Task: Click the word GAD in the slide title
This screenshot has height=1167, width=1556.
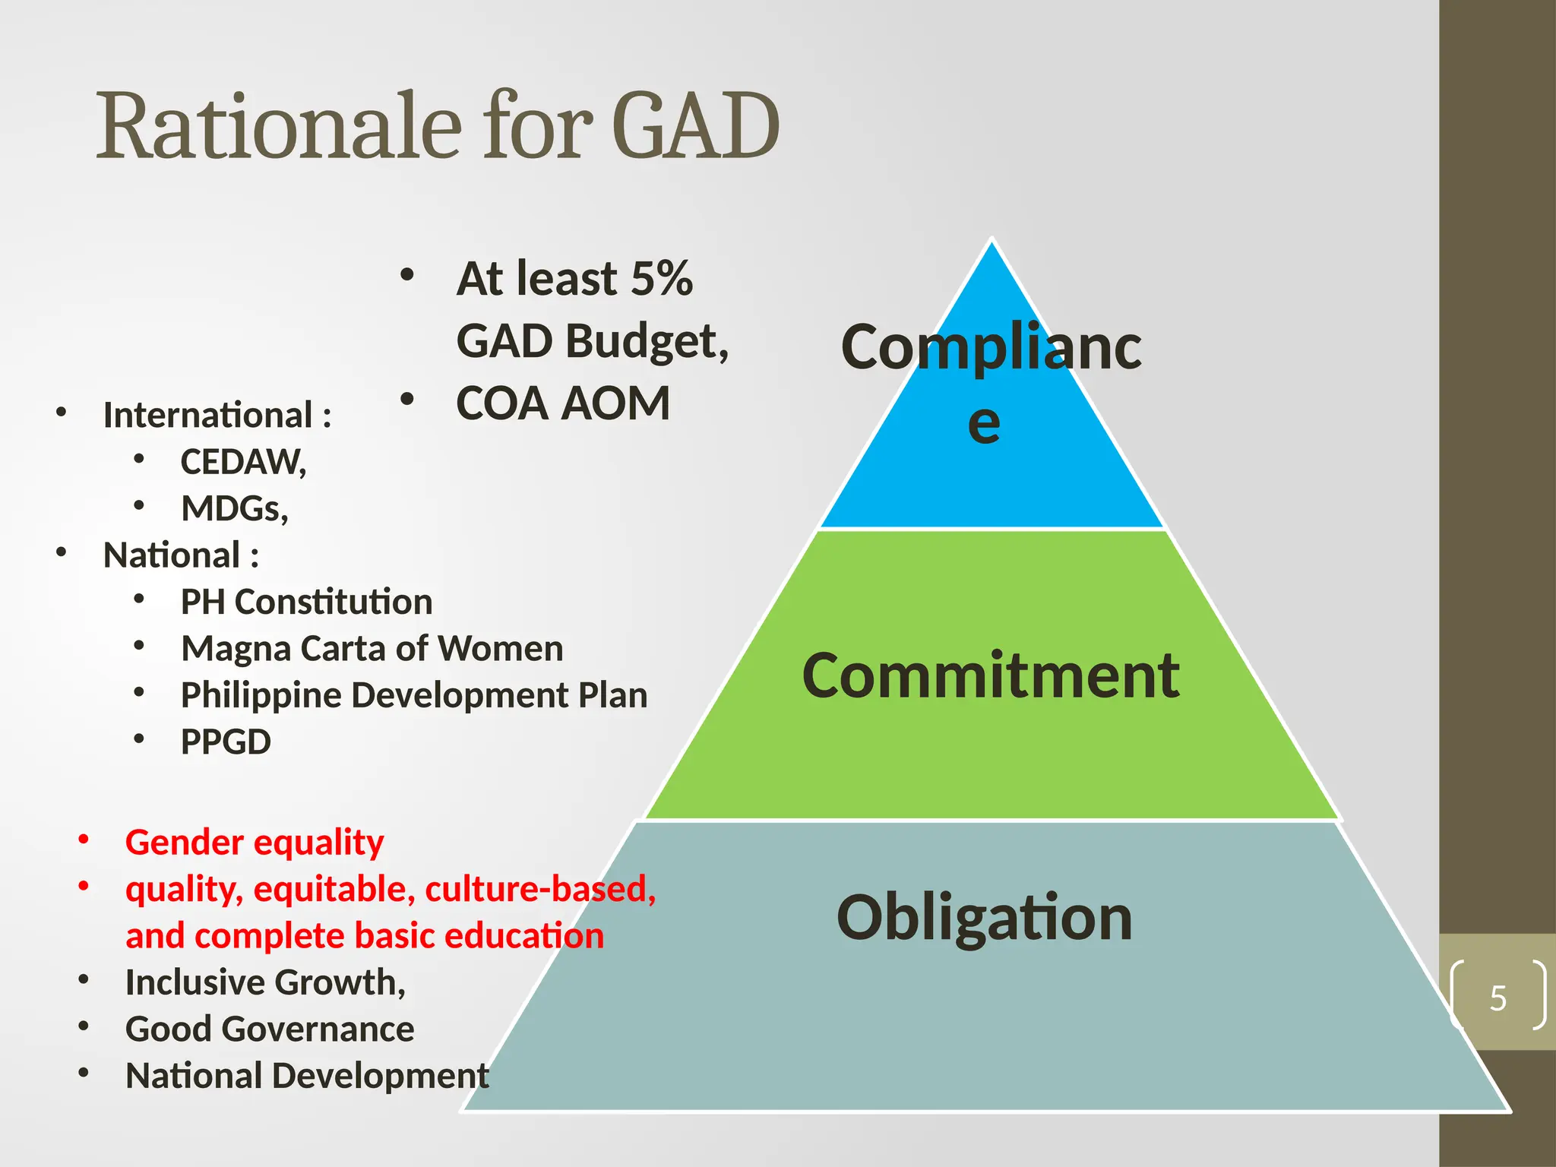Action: click(695, 125)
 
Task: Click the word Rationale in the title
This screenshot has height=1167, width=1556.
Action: click(279, 125)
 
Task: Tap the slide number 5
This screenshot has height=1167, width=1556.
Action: click(1497, 998)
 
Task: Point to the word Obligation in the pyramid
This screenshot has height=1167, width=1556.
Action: click(984, 917)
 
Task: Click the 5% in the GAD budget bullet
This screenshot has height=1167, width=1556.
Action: click(661, 278)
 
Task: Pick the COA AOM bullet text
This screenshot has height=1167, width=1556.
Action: click(563, 403)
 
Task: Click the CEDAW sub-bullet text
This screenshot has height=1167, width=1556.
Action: click(242, 462)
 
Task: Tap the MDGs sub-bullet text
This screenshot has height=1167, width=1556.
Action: click(234, 508)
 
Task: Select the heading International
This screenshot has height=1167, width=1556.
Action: click(207, 415)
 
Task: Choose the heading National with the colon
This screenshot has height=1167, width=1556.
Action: click(181, 555)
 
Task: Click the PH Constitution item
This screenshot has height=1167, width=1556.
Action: click(306, 602)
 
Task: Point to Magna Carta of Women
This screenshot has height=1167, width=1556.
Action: click(372, 649)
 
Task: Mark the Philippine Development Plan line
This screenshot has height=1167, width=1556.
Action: click(414, 695)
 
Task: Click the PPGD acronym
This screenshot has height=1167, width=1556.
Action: click(226, 742)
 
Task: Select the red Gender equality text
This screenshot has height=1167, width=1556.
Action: click(255, 842)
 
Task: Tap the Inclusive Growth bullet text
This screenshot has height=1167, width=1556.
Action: click(265, 982)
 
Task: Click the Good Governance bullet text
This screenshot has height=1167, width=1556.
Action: click(270, 1029)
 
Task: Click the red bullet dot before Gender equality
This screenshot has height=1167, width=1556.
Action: click(84, 840)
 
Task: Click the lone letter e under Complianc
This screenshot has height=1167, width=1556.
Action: click(984, 423)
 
